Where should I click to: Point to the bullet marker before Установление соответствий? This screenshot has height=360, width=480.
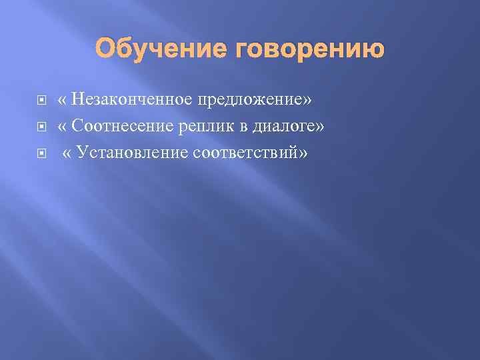click(41, 153)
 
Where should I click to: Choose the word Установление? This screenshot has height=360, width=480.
click(133, 152)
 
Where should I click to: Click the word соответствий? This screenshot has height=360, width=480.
click(246, 152)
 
